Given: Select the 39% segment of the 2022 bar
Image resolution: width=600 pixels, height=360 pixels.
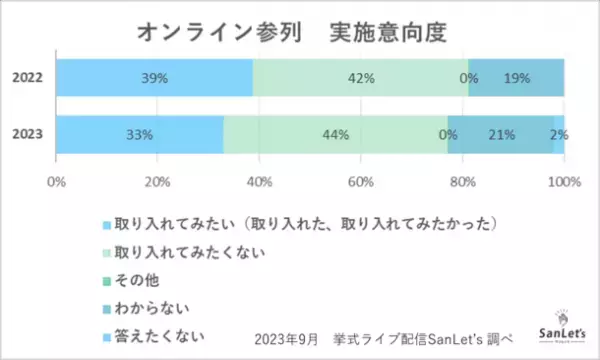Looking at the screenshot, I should [x=154, y=78].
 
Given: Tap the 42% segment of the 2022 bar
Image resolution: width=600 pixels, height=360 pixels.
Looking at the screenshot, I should [x=360, y=78].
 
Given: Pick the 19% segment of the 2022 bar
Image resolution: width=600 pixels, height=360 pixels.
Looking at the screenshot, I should [x=516, y=78].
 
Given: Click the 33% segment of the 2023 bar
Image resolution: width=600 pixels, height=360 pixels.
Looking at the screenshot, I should [x=139, y=134].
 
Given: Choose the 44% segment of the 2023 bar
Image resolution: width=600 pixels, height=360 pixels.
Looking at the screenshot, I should [x=335, y=134].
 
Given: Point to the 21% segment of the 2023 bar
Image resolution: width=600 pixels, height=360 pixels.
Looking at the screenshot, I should [x=501, y=134].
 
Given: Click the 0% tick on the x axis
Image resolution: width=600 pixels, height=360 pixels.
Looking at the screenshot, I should [x=56, y=181].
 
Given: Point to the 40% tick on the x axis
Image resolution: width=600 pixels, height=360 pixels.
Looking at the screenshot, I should [x=259, y=181].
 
